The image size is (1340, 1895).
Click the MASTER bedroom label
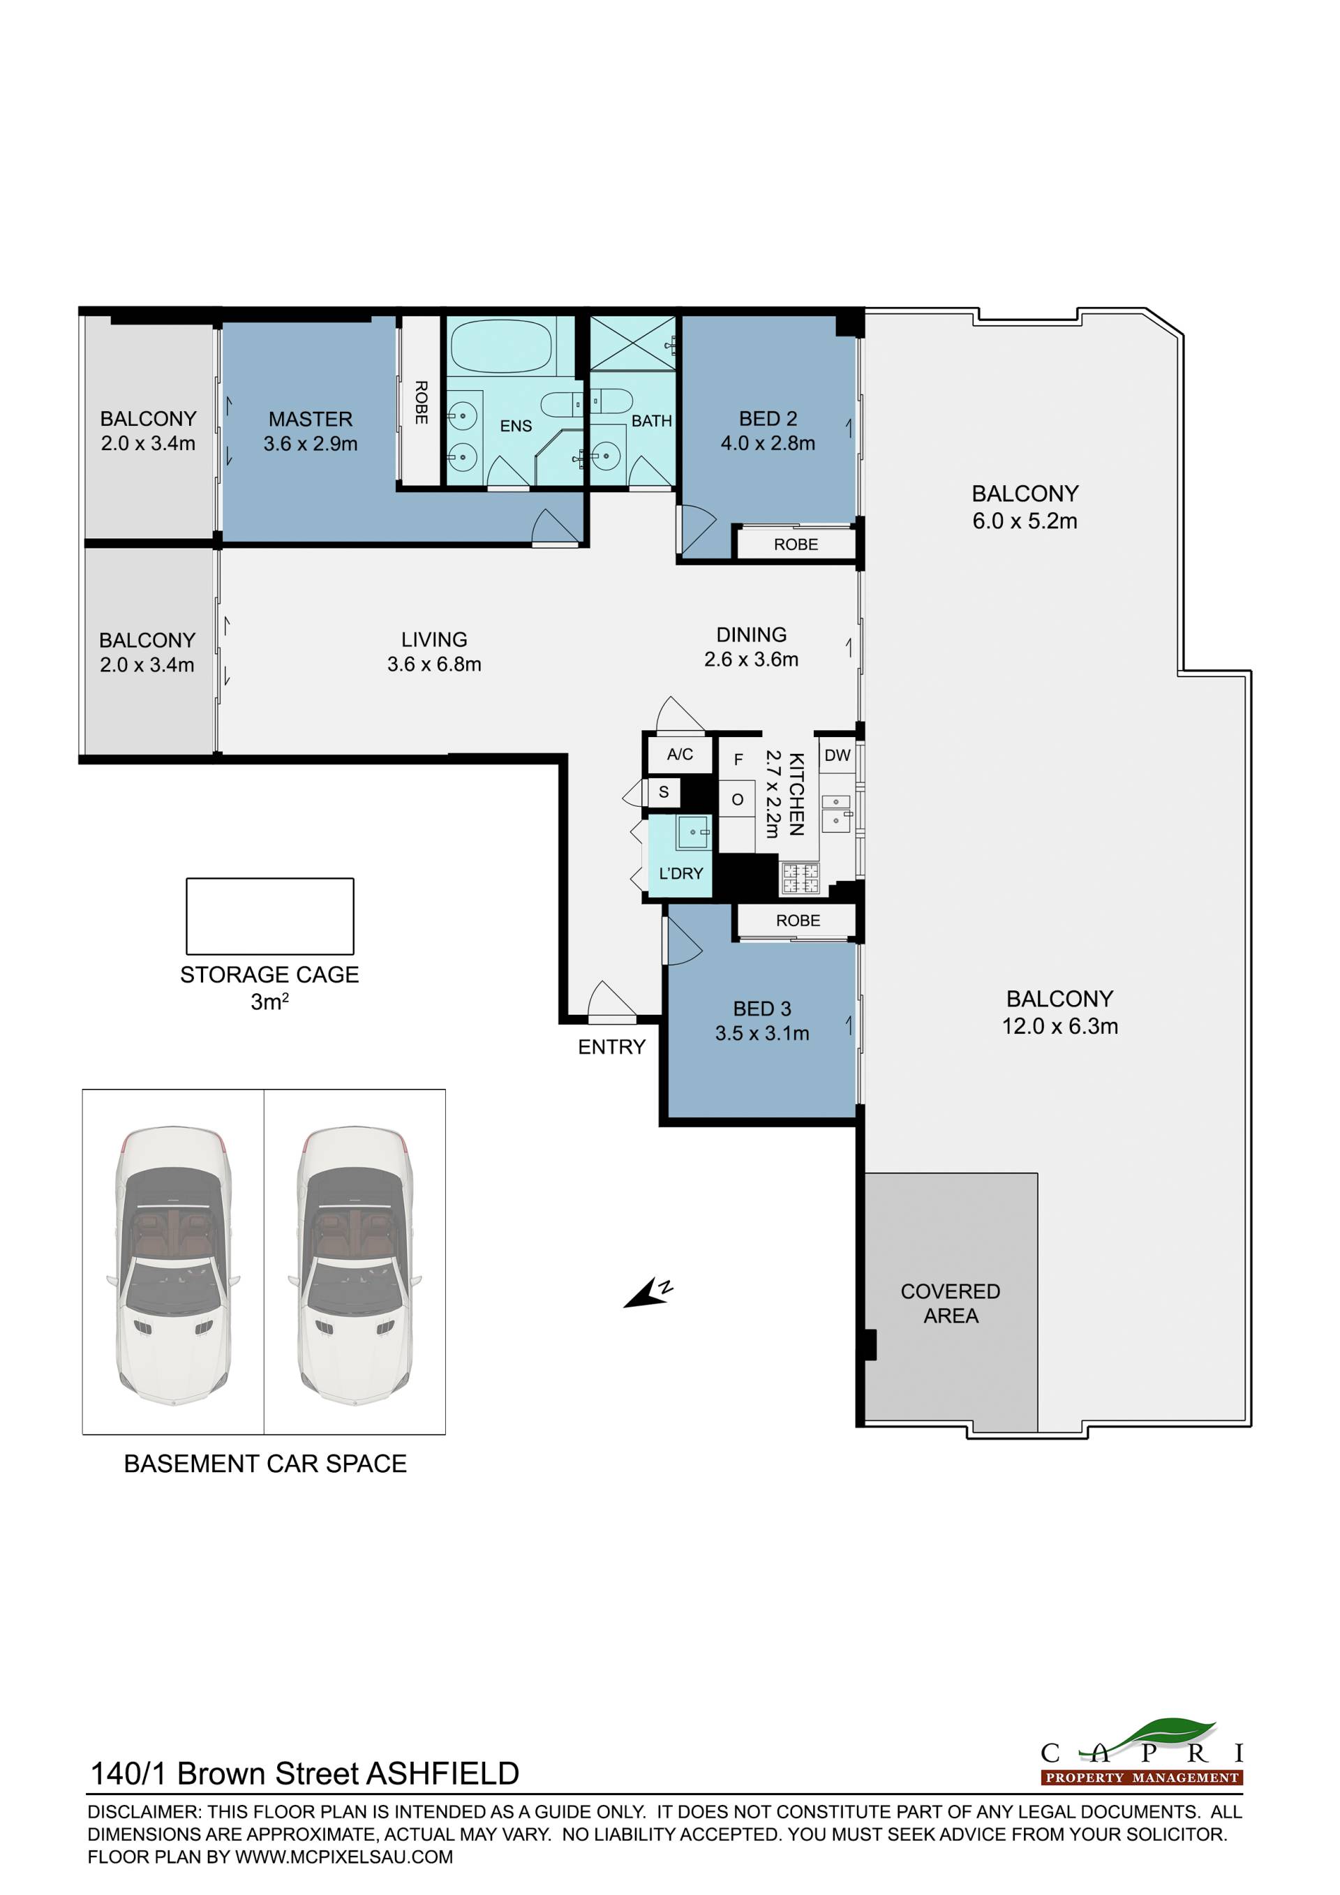tap(311, 419)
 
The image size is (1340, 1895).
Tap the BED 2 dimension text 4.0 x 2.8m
tap(768, 443)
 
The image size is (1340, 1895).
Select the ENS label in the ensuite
tap(516, 426)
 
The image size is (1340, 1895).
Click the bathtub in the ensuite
tap(501, 345)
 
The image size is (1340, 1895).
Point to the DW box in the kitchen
tap(837, 755)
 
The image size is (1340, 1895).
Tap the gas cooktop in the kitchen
tap(800, 877)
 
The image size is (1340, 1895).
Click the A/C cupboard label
tap(680, 754)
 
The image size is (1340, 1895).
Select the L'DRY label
tap(680, 873)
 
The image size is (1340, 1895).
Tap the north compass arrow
tap(648, 1293)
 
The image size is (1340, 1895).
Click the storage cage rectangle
tap(270, 916)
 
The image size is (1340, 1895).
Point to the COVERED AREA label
tap(951, 1303)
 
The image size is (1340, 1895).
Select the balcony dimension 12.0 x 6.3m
tap(1059, 1026)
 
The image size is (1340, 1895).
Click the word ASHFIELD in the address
tap(442, 1774)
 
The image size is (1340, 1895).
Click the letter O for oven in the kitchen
tap(738, 799)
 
